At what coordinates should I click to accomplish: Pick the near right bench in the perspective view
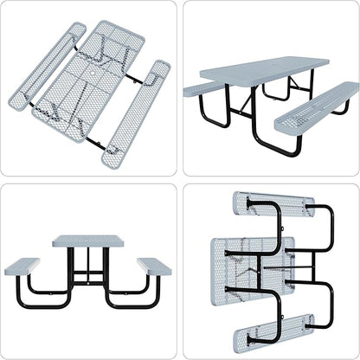pos(317,108)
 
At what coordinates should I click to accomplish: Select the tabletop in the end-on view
pos(89,241)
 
